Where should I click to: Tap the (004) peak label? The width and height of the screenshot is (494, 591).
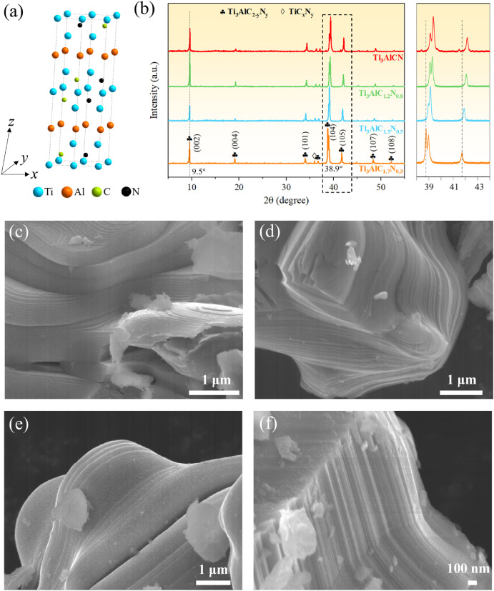tap(236, 142)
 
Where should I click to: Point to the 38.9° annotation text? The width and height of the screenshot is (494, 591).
tap(333, 170)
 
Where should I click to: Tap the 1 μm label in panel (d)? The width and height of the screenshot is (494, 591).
tap(458, 378)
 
